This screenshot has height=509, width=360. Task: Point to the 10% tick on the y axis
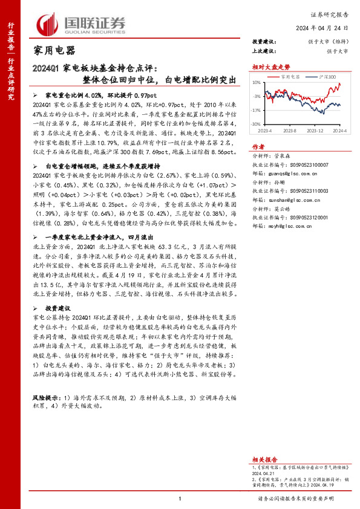(257, 82)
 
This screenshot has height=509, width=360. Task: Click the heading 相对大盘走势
(268, 68)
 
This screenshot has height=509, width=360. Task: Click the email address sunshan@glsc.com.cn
(286, 199)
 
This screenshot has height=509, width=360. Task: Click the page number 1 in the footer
(180, 499)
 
